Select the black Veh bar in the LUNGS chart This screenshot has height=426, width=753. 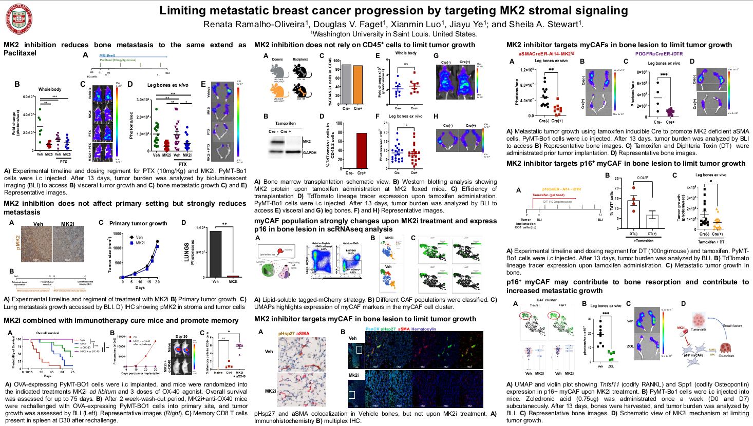click(215, 254)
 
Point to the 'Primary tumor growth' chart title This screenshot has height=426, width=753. click(138, 223)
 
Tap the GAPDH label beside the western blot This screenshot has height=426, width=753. click(310, 152)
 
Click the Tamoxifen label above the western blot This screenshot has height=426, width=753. click(285, 124)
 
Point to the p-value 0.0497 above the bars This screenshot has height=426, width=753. click(643, 178)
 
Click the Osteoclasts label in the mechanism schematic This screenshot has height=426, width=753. click(726, 356)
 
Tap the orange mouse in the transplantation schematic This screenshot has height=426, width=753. click(277, 90)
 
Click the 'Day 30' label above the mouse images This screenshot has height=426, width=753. click(181, 337)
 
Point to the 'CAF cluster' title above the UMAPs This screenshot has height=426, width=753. click(547, 300)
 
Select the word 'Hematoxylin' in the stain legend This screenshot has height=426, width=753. click(423, 329)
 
